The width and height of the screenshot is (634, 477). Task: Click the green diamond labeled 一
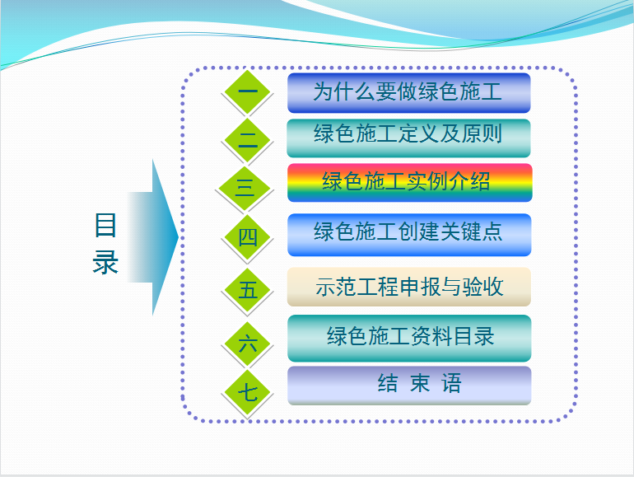coord(247,92)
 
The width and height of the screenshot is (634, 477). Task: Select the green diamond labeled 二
coord(247,140)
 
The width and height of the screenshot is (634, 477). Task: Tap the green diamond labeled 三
coord(245,188)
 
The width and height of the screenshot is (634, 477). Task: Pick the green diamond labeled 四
coord(247,237)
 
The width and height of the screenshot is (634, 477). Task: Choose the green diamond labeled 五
coord(247,290)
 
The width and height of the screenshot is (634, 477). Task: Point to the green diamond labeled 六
coord(247,344)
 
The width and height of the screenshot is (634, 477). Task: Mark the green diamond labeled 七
coord(247,391)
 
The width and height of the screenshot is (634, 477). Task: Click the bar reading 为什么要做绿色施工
coord(408,92)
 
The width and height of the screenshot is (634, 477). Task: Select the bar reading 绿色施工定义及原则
coord(408,138)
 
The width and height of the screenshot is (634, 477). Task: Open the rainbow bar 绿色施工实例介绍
coord(409,182)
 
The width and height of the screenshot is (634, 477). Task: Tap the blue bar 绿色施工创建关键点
coord(409,235)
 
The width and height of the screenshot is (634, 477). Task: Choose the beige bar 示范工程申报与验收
coord(408,287)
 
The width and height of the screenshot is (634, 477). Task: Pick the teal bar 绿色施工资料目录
coord(409,339)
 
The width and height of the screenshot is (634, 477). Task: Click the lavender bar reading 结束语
coord(409,386)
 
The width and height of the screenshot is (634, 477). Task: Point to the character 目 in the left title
coord(105,225)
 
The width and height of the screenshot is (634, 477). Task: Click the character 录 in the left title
coord(105,262)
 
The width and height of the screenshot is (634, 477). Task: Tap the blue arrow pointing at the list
coord(153,237)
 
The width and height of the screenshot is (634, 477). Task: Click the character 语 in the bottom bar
coord(451,383)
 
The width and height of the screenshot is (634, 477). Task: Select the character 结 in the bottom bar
coord(388,383)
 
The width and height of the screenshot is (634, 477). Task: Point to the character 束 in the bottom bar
coord(420,383)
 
